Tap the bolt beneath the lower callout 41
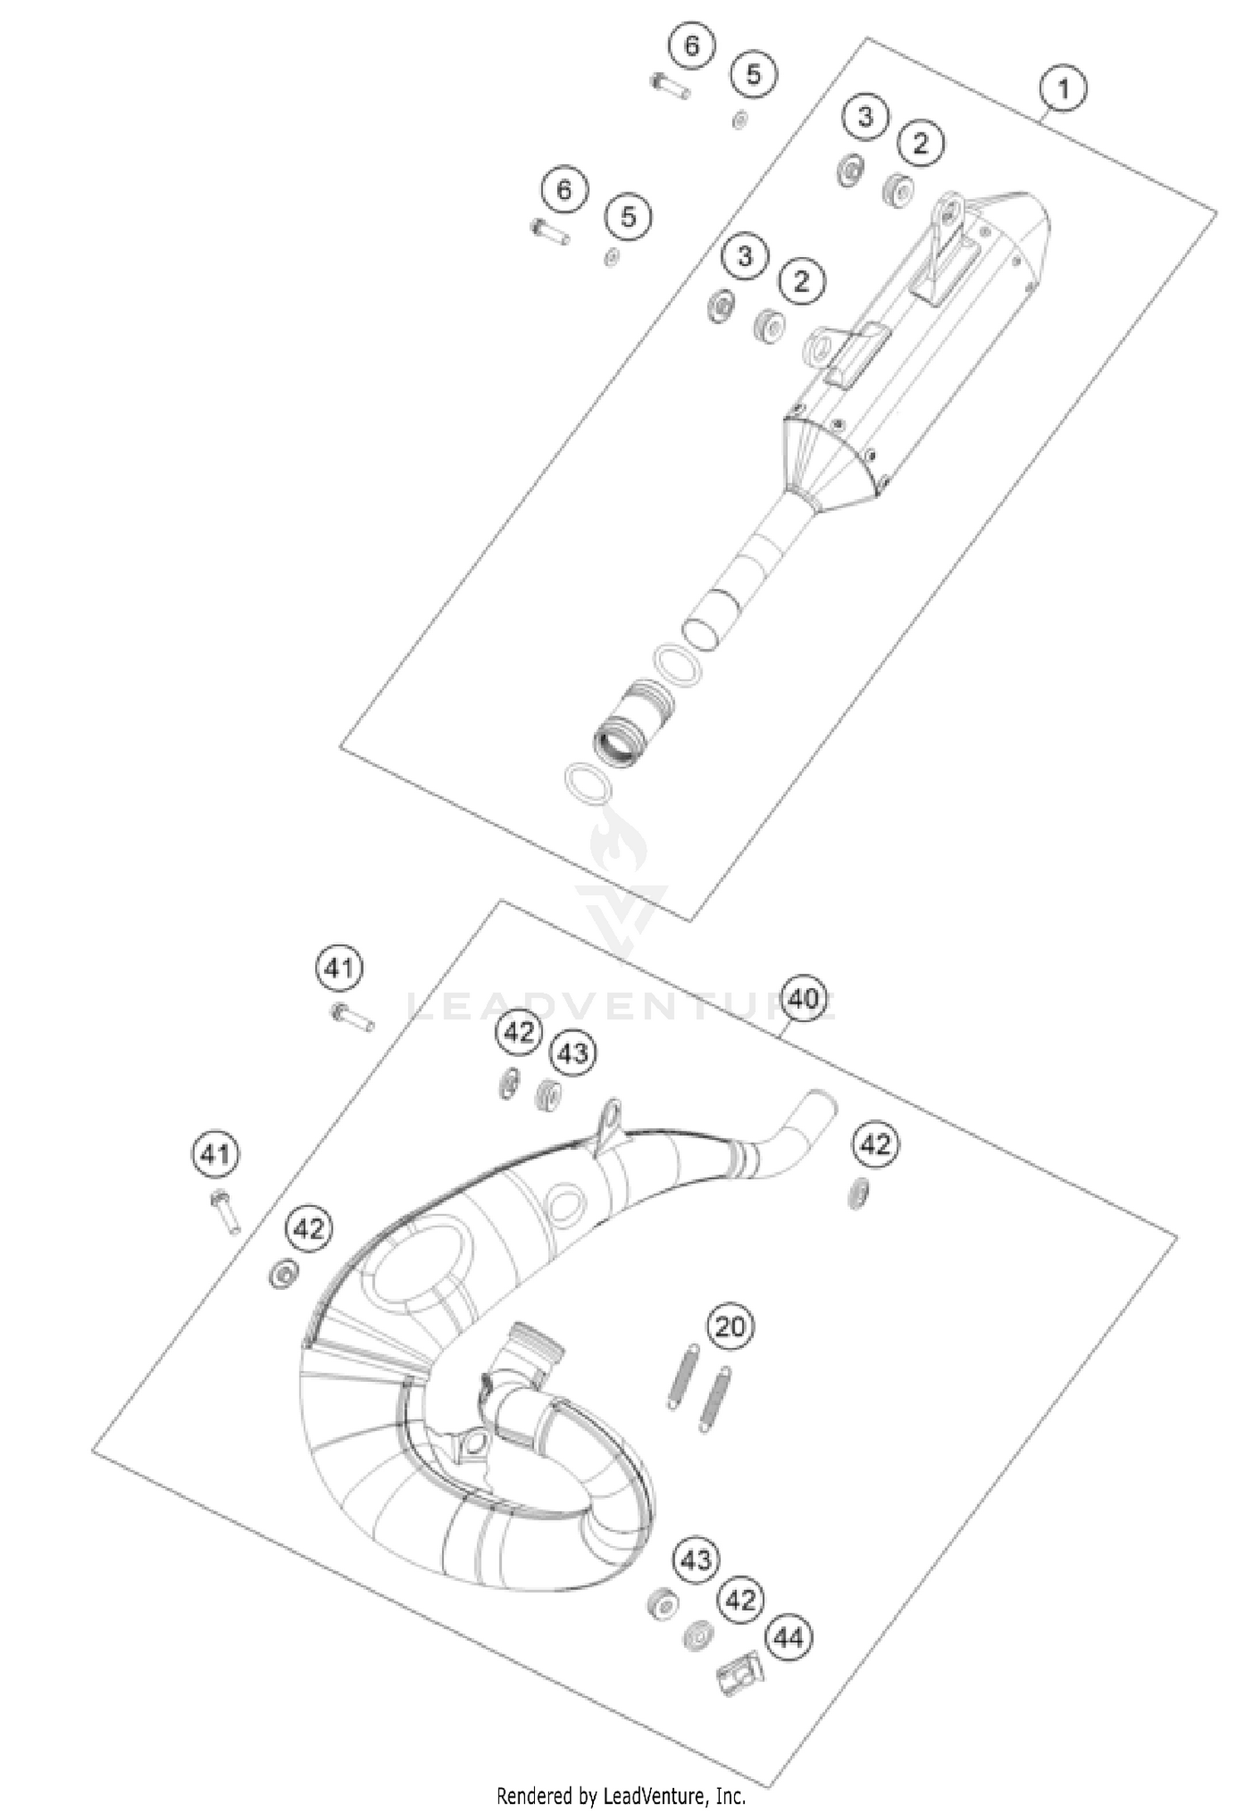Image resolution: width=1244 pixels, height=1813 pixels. (226, 1211)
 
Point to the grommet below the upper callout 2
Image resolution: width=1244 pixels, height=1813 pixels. (899, 190)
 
